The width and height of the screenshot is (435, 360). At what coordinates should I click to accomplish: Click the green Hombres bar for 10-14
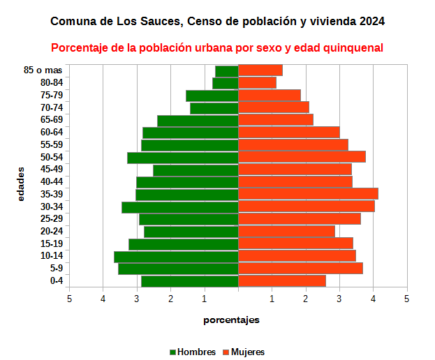point(176,257)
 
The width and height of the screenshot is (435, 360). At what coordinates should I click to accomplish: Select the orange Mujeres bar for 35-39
point(308,194)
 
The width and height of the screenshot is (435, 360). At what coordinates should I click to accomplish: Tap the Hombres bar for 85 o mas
point(227,71)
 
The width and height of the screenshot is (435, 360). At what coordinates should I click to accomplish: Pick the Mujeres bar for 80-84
point(257,83)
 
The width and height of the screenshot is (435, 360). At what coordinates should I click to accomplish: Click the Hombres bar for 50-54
point(183,158)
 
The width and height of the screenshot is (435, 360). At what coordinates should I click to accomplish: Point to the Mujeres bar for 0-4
point(282,281)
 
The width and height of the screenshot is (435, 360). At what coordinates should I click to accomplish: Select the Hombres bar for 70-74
point(214,108)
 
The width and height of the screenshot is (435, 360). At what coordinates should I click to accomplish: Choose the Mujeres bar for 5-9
point(300,269)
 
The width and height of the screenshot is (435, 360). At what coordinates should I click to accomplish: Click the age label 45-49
point(52,170)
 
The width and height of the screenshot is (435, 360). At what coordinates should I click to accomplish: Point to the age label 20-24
point(52,232)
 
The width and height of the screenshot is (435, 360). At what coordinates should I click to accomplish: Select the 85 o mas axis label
point(43,70)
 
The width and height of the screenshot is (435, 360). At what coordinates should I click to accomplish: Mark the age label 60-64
point(52,133)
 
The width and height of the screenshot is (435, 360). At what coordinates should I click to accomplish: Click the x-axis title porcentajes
point(232,320)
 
